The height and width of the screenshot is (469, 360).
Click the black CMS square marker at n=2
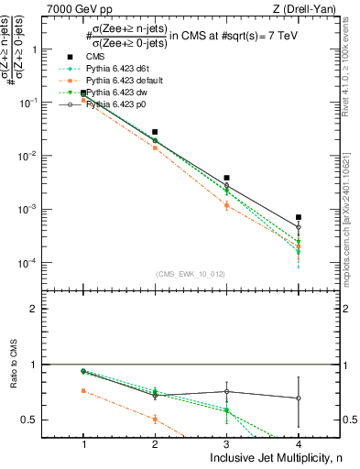[x=155, y=132]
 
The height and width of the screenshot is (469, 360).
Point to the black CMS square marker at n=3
[x=226, y=178]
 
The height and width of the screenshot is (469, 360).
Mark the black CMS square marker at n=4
[x=298, y=217]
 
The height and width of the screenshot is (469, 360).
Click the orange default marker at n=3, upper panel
[x=226, y=205]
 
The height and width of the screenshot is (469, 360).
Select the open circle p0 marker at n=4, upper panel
[x=298, y=227]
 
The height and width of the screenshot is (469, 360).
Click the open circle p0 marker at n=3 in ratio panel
[x=226, y=391]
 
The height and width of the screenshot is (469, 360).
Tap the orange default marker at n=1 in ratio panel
[x=84, y=390]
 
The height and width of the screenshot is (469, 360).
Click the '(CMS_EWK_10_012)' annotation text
[x=191, y=274]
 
